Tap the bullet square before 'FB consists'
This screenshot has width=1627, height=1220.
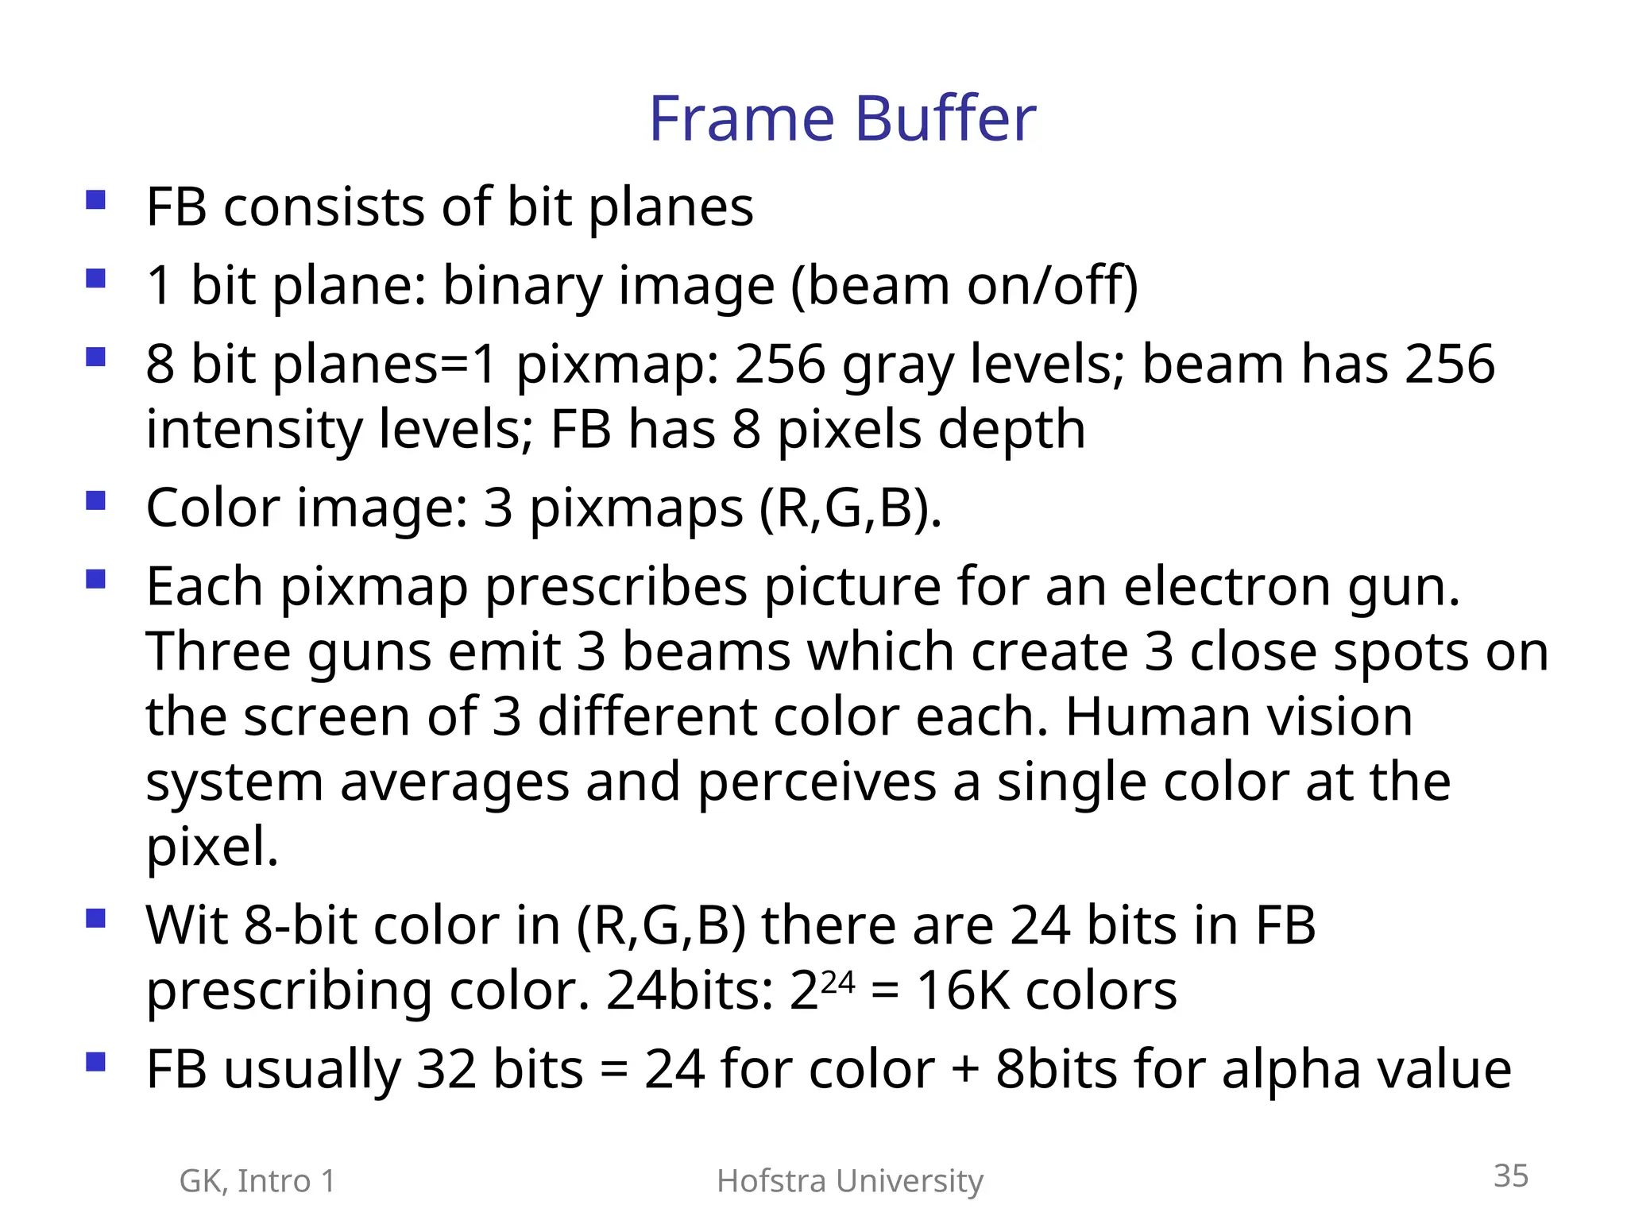tap(96, 199)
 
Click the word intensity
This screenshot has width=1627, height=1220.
tap(253, 430)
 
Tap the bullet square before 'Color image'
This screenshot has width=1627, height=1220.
tap(96, 501)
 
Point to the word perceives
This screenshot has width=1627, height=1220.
tap(817, 782)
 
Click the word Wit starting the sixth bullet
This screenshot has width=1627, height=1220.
tap(187, 926)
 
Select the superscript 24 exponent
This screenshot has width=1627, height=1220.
tap(838, 983)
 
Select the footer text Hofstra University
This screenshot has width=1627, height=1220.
tap(849, 1181)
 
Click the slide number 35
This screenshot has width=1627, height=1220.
tap(1510, 1176)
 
